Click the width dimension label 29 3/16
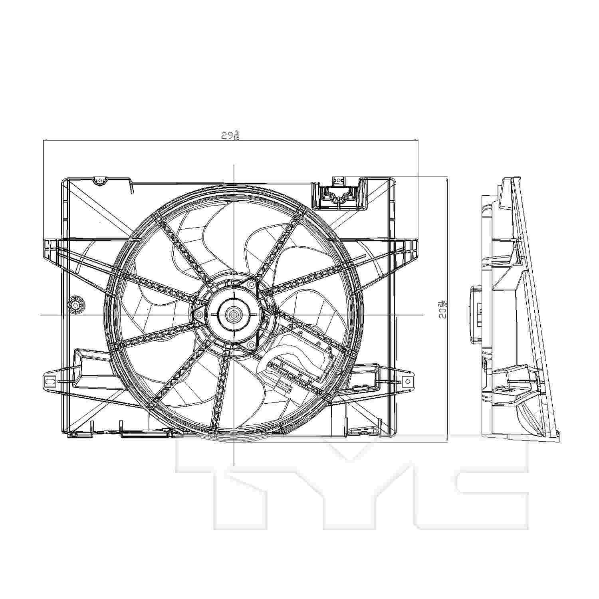coord(230,135)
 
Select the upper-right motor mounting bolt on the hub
coord(251,284)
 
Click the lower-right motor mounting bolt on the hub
coord(251,345)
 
